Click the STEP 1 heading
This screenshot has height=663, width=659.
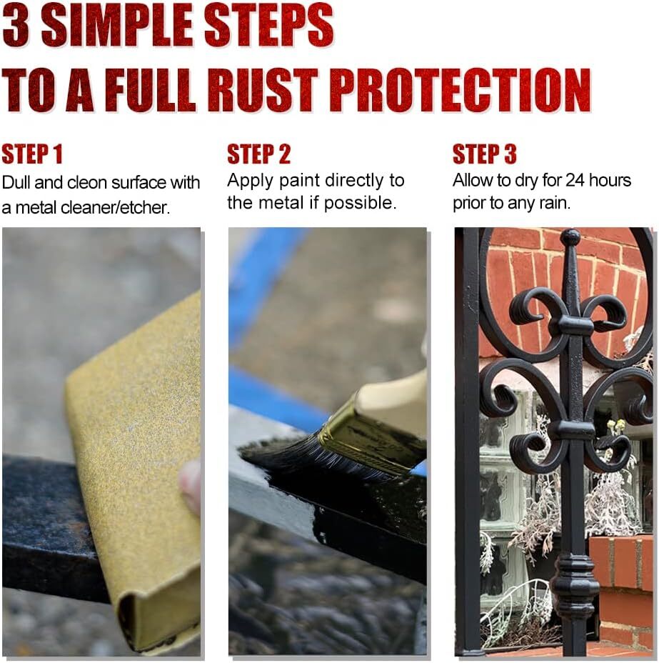click(x=33, y=154)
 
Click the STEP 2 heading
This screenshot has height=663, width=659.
click(x=258, y=154)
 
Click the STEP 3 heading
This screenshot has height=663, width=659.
click(x=484, y=154)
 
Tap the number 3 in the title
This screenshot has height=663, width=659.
click(x=17, y=26)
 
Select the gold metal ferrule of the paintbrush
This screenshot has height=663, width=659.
click(x=357, y=436)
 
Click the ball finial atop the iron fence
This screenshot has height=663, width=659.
click(x=570, y=237)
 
